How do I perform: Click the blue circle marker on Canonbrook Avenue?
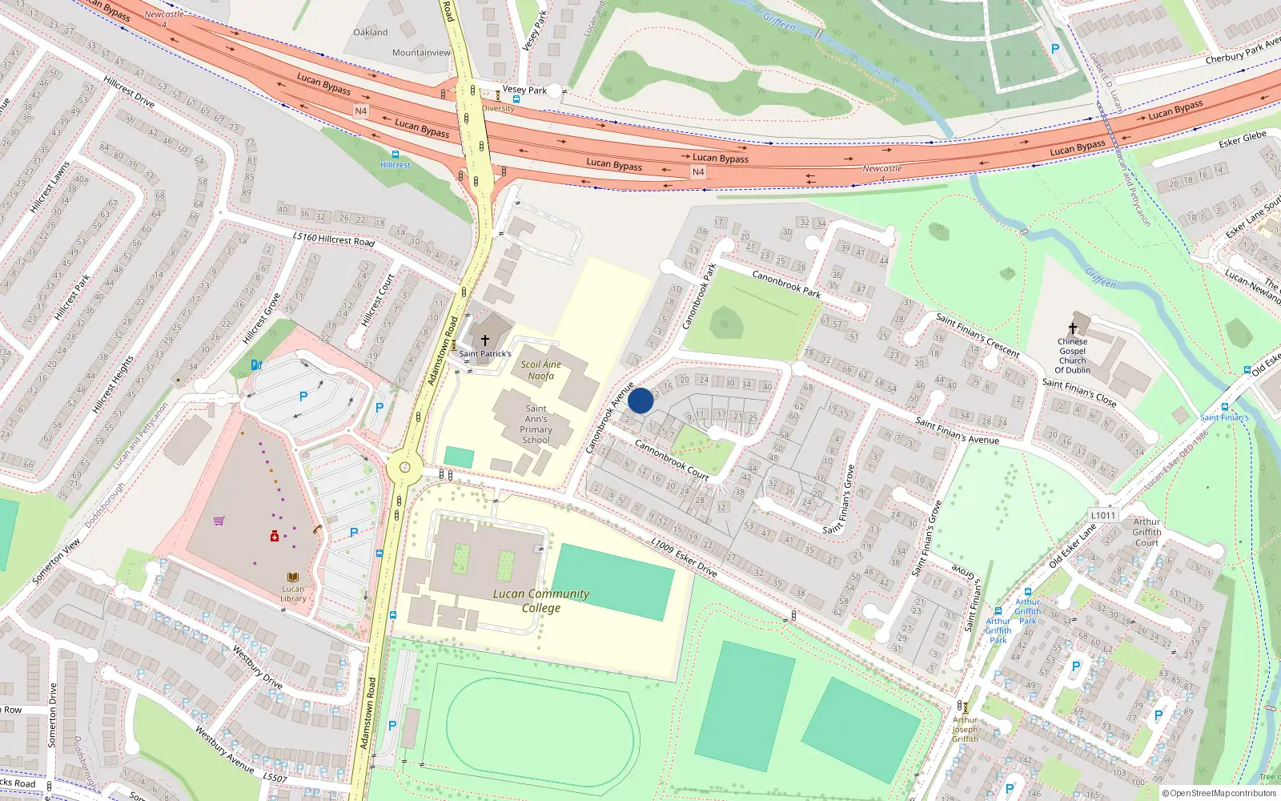pos(640,400)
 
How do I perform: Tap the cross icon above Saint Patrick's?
pos(484,340)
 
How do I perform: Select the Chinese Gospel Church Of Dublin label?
pos(1073,356)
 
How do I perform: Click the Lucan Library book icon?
pos(293,577)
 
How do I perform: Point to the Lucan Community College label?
pos(541,601)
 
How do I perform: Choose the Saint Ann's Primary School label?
pos(536,424)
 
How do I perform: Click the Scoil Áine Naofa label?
pos(541,370)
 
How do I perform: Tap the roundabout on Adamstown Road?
pos(404,467)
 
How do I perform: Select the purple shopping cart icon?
pos(219,521)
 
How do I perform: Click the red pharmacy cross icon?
pos(275,536)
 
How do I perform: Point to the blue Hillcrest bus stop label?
pos(395,165)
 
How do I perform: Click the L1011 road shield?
pos(1102,515)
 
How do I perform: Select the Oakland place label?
pos(371,32)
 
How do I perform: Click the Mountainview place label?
pos(421,53)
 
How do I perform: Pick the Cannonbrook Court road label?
pos(672,460)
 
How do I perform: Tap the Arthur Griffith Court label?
pos(1146,532)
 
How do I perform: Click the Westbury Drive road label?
pos(258,666)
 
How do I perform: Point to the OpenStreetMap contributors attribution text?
pos(1219,793)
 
